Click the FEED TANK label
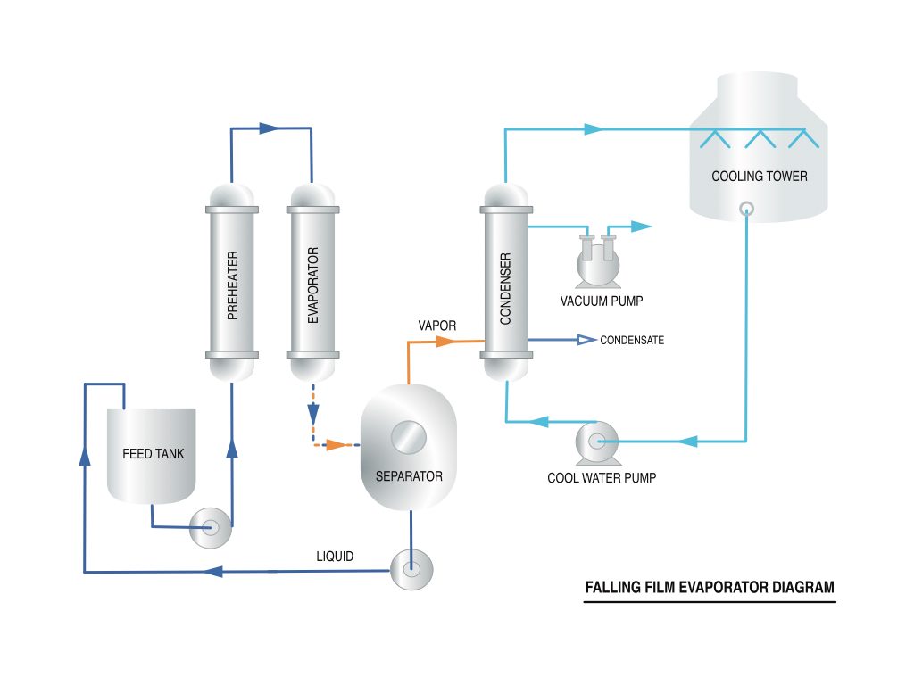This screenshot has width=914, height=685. pyautogui.click(x=154, y=454)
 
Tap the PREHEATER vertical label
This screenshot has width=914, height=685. pyautogui.click(x=233, y=285)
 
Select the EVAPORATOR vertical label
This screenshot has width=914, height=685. pyautogui.click(x=313, y=285)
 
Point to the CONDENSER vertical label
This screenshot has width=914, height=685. pyautogui.click(x=505, y=288)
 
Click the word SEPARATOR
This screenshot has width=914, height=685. pyautogui.click(x=409, y=476)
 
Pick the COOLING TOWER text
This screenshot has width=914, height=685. pyautogui.click(x=760, y=176)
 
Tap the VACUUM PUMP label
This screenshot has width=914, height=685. pyautogui.click(x=602, y=301)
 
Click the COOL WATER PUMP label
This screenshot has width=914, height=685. pyautogui.click(x=602, y=478)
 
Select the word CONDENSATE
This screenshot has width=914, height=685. pyautogui.click(x=632, y=340)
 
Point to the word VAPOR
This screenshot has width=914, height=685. pyautogui.click(x=437, y=326)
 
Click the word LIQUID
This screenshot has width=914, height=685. pyautogui.click(x=335, y=557)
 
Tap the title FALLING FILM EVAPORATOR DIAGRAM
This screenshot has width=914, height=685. pyautogui.click(x=710, y=587)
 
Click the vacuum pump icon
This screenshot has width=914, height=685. pyautogui.click(x=598, y=261)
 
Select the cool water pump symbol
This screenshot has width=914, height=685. pyautogui.click(x=597, y=443)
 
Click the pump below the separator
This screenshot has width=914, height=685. pyautogui.click(x=411, y=569)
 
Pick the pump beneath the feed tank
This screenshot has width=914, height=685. pyautogui.click(x=211, y=528)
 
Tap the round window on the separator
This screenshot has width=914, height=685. pyautogui.click(x=409, y=437)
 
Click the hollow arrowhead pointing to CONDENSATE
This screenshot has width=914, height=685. pyautogui.click(x=586, y=340)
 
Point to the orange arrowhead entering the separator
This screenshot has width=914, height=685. pyautogui.click(x=337, y=445)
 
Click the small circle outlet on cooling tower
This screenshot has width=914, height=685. pyautogui.click(x=747, y=209)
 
